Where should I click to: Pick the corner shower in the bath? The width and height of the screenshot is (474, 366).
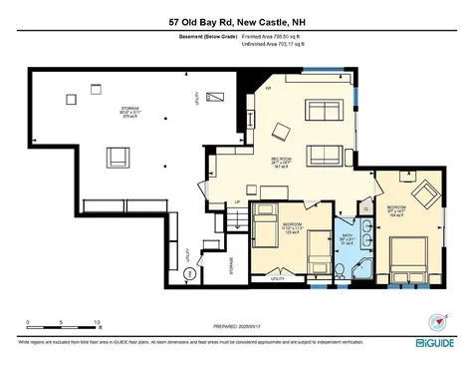361,265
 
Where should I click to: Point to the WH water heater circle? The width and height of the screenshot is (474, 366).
188,271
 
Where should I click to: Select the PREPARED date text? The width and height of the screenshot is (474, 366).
236,326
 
